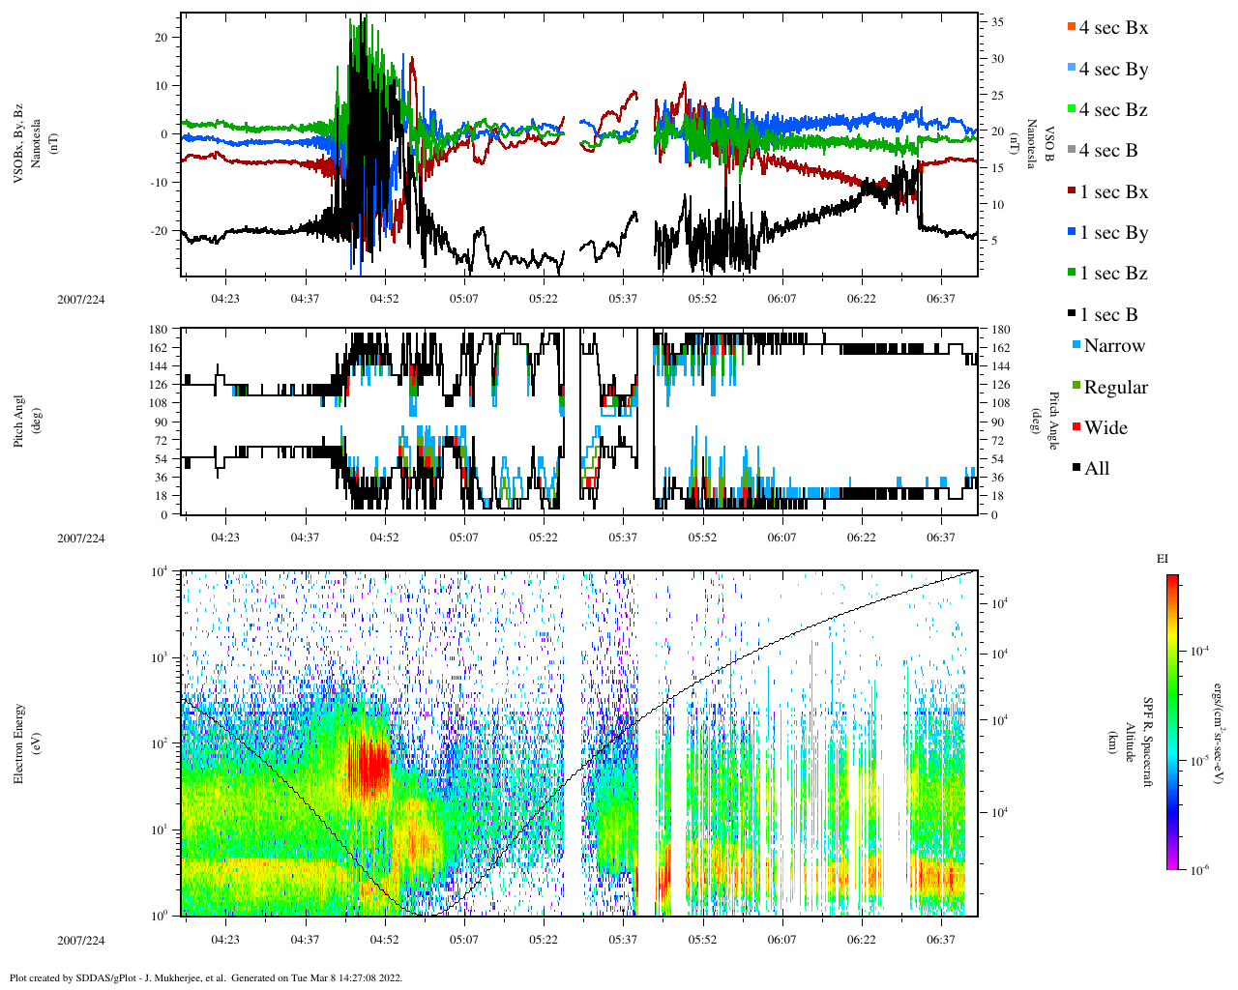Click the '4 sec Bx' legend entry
1112,28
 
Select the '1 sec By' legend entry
1112,233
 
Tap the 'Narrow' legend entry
1113,346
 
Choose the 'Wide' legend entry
1105,428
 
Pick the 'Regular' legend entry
1115,388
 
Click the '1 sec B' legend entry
1107,315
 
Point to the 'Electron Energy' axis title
19,742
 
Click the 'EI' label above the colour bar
1163,559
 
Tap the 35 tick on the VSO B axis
996,22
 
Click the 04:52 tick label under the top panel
384,299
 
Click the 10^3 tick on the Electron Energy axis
160,657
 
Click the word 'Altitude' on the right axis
1131,742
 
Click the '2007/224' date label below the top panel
81,299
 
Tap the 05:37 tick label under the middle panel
623,538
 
